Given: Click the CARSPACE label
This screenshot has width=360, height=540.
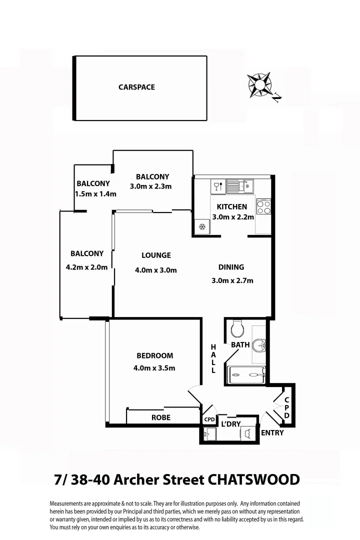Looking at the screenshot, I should [136, 87].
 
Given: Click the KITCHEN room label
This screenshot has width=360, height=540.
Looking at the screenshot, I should [231, 206].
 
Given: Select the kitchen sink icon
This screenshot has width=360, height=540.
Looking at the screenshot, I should [240, 186].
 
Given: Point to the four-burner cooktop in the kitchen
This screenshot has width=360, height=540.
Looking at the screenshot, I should [263, 207].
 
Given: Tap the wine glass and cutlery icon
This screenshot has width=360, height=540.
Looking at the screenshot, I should [217, 187].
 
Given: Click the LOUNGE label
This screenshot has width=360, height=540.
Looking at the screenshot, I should [156, 255].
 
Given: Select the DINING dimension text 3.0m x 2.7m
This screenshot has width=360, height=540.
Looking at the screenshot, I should [232, 280].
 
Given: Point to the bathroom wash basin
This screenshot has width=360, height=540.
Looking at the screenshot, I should [259, 345].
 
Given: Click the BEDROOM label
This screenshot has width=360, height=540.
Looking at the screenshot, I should [154, 355].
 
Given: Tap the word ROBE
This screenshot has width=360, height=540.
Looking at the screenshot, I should [161, 417].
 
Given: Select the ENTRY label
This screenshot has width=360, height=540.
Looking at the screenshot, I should [272, 433].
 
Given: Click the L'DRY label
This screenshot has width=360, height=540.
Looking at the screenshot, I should [231, 424].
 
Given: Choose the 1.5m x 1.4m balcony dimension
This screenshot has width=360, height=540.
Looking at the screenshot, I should [95, 194].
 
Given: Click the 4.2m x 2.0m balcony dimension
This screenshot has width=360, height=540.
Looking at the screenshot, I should [86, 267].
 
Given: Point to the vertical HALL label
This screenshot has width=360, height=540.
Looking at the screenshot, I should [213, 359].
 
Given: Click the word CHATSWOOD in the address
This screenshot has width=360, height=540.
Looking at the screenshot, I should [253, 480].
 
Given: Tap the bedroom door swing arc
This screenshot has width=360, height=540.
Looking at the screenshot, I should [193, 392].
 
